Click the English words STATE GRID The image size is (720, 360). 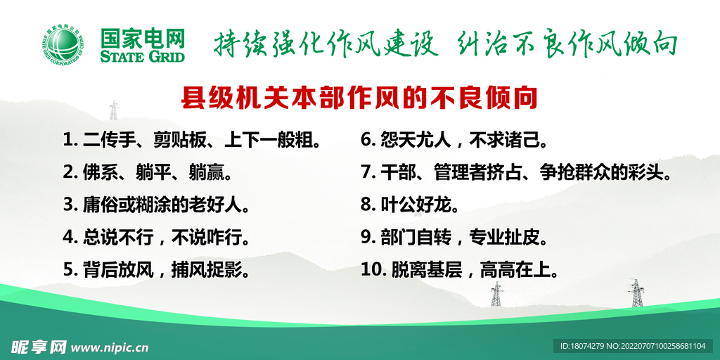point(143,56)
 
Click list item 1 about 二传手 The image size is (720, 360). point(195,139)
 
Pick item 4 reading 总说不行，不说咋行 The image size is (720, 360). point(156,237)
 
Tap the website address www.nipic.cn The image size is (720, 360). point(110,347)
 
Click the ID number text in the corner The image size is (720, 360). point(633,347)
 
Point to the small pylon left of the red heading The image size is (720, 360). point(113,110)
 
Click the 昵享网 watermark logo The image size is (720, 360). point(39,347)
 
